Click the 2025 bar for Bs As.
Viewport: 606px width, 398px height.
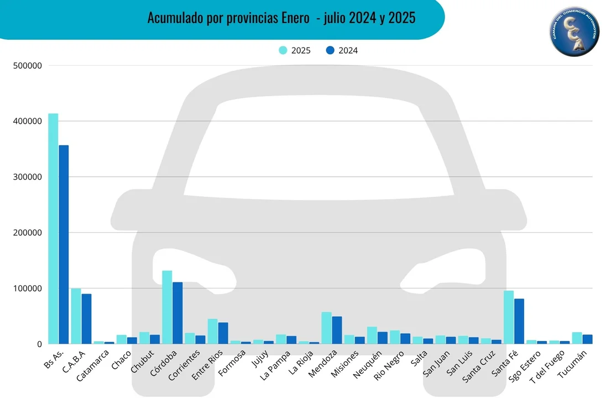pos(53,229)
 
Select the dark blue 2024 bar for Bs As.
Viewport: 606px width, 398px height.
pos(64,244)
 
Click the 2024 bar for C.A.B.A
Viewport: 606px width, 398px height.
pos(86,319)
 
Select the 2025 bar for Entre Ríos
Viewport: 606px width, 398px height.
pos(212,332)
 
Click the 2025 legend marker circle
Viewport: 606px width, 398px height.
pos(283,50)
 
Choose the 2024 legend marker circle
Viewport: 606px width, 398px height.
pos(330,50)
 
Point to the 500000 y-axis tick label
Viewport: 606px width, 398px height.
pos(27,66)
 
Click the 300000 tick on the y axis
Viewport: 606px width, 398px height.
pos(27,177)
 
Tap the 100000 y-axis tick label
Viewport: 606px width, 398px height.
pos(27,289)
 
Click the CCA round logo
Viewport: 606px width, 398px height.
pos(574,31)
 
